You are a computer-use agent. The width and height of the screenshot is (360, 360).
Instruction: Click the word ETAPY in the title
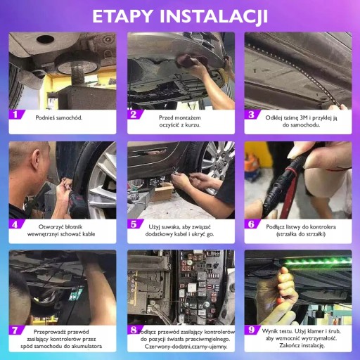pos(122,16)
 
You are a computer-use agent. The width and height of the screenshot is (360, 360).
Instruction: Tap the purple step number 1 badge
pos(16,115)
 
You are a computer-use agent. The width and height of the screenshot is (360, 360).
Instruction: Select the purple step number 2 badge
pos(135,115)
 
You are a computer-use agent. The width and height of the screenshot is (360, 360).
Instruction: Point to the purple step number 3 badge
pos(252,115)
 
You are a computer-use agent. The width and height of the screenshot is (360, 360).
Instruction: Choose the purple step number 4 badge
pos(16,224)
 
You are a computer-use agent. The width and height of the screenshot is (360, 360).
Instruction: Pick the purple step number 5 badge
pos(135,224)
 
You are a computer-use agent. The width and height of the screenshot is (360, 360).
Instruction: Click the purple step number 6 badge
pos(252,224)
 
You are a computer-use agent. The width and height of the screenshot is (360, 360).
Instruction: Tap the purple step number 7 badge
pos(16,330)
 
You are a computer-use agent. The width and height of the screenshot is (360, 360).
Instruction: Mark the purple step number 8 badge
pos(135,330)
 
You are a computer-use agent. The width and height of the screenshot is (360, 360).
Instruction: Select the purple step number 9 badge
pos(252,330)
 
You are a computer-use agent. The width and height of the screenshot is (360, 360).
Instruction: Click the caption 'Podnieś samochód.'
pos(59,117)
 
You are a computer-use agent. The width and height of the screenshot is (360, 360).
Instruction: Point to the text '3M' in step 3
pos(304,117)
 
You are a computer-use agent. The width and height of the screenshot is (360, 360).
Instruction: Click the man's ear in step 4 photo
pos(37,159)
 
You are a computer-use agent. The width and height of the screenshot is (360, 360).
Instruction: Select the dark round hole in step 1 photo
pos(45,39)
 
